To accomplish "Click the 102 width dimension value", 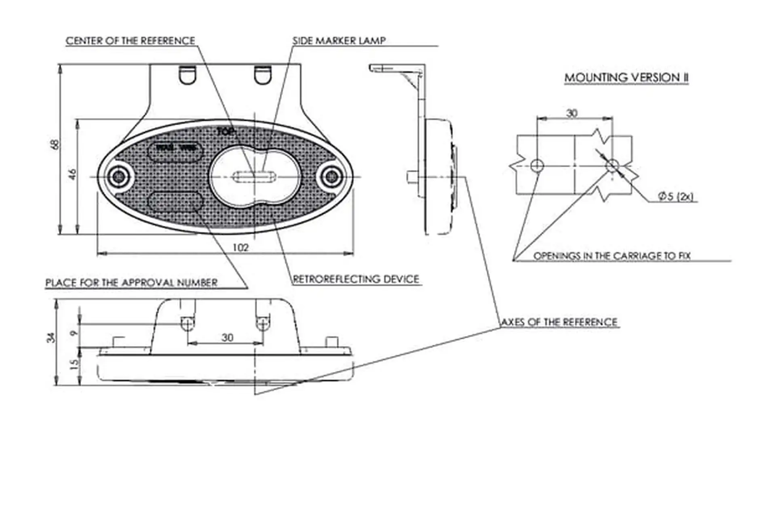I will [x=240, y=247].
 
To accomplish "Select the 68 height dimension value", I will [x=55, y=144].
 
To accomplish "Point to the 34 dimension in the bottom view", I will [x=51, y=337].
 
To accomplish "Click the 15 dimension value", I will [x=74, y=365].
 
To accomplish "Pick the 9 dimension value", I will [x=74, y=333].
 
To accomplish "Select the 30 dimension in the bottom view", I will [x=228, y=337].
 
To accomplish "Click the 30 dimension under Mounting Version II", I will [x=571, y=113].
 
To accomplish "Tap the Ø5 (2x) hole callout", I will [x=675, y=197].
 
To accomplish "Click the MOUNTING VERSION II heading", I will [x=626, y=78].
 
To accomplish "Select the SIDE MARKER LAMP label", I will [x=339, y=40].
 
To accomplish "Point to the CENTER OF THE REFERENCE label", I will [x=130, y=41].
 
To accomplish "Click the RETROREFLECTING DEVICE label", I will [x=356, y=279].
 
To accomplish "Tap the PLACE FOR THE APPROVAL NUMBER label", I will [x=131, y=282].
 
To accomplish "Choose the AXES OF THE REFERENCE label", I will [x=559, y=322].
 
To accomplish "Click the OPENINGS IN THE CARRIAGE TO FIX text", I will [x=612, y=256].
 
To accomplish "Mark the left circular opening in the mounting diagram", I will [x=537, y=165].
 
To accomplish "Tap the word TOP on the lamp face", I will [x=226, y=131].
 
